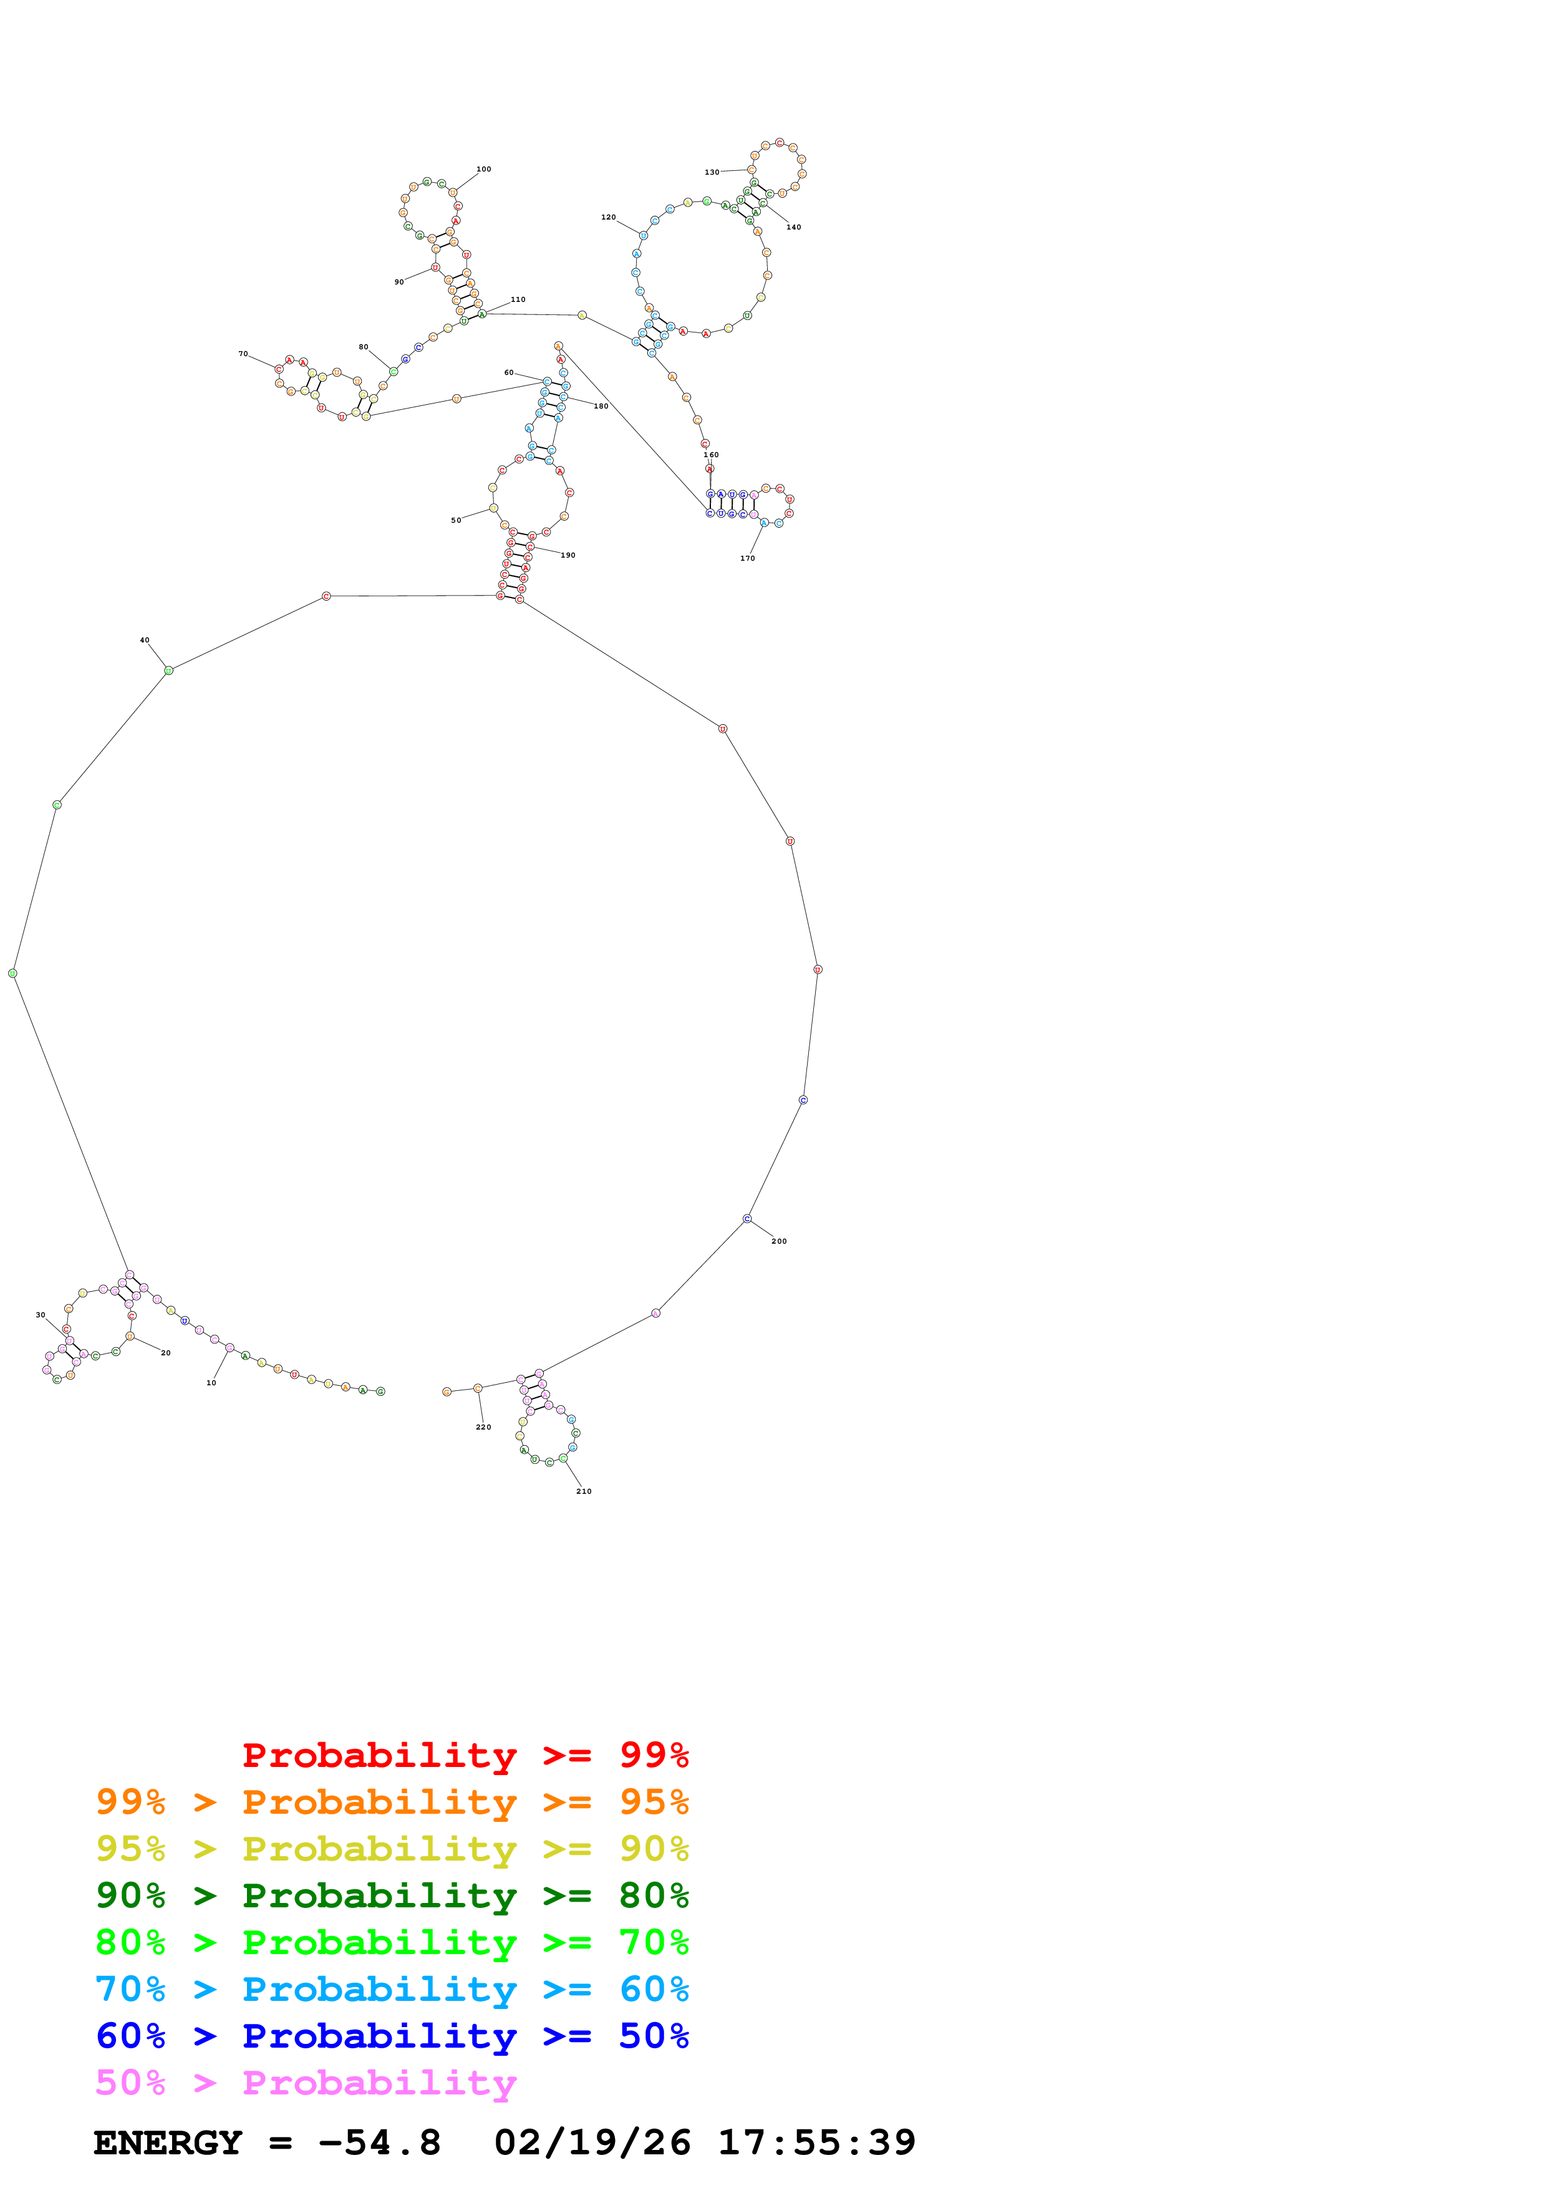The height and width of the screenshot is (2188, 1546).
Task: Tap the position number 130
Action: (x=712, y=173)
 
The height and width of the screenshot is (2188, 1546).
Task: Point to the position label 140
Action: (x=793, y=228)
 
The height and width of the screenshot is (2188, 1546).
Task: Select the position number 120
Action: (x=607, y=217)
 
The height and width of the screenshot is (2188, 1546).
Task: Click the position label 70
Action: (x=243, y=354)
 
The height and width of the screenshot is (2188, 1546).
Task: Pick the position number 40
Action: (x=145, y=641)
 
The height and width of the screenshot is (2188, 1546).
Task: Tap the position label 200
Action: (x=779, y=1241)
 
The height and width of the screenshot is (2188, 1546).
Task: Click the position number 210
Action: (x=584, y=1491)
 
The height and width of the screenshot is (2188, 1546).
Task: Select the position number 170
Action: (x=748, y=558)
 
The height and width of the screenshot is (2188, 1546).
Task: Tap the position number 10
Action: (x=211, y=1383)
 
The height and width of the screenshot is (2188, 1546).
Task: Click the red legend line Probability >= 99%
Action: (x=465, y=1755)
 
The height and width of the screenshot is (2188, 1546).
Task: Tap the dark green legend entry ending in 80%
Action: (x=392, y=1895)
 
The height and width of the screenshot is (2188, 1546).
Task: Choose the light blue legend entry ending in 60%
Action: (x=392, y=1989)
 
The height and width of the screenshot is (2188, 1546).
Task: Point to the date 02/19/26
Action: (x=592, y=2143)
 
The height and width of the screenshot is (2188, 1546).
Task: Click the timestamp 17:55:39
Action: (x=816, y=2143)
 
